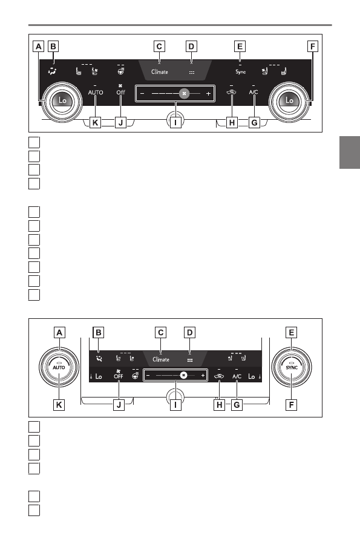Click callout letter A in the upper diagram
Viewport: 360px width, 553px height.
tap(39, 47)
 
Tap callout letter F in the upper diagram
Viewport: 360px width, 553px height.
tap(312, 47)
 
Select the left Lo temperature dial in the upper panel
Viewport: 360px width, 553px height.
tap(62, 101)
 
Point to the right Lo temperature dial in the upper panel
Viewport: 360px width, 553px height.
tap(289, 101)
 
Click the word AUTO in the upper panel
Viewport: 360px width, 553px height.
tap(96, 93)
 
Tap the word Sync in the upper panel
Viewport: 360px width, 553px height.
tap(240, 71)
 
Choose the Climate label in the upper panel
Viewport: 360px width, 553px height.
tap(160, 72)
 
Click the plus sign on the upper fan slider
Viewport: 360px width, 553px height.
tap(208, 93)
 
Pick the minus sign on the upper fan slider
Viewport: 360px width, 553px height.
tap(142, 93)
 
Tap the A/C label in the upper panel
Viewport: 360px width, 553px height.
tap(254, 93)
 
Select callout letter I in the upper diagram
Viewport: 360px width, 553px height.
tap(175, 123)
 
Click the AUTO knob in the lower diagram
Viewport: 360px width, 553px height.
tap(59, 367)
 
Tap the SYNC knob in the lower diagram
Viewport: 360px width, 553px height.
tap(292, 367)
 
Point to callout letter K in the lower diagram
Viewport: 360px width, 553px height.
tap(59, 405)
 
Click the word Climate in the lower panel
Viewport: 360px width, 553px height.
tap(161, 360)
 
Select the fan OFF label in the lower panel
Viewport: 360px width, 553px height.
tap(119, 376)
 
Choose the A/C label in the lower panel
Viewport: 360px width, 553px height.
tap(237, 377)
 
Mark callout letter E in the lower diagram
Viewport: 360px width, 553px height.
tap(291, 333)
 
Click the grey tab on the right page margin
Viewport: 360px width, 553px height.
tap(350, 152)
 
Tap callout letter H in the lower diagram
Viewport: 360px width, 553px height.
tap(219, 405)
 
